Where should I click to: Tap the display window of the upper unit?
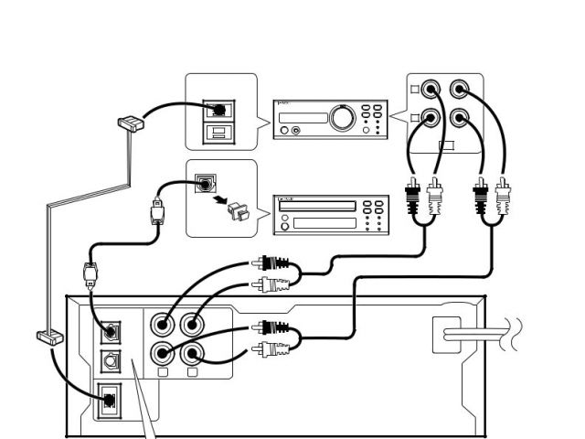pyautogui.click(x=306, y=116)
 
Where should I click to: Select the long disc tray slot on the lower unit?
pyautogui.click(x=316, y=206)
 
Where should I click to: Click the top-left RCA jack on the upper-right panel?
pyautogui.click(x=431, y=89)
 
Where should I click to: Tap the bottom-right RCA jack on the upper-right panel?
pyautogui.click(x=460, y=119)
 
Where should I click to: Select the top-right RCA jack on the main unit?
pyautogui.click(x=192, y=324)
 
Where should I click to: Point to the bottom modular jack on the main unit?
pyautogui.click(x=109, y=399)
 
